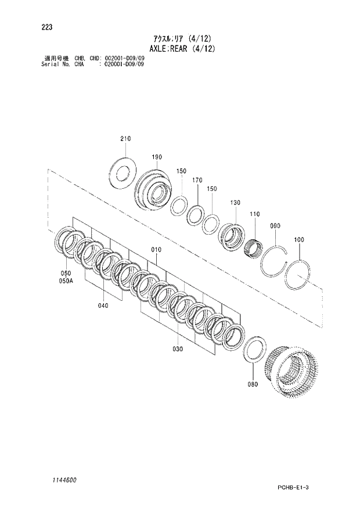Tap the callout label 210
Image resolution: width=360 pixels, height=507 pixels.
[x=126, y=139]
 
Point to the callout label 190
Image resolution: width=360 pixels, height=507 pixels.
[x=157, y=157]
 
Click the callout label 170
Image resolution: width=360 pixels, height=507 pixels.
[x=197, y=181]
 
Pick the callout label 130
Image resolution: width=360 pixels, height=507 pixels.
[x=235, y=203]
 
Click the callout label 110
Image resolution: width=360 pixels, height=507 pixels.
[x=254, y=214]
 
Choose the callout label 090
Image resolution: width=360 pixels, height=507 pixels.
[x=275, y=225]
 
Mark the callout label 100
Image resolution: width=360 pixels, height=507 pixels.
[x=299, y=239]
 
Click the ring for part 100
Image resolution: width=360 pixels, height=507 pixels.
[x=301, y=274]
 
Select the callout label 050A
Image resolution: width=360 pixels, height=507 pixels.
[x=67, y=281]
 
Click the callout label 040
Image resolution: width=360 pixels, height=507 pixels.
[x=103, y=305]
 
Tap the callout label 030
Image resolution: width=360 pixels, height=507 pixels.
[x=177, y=349]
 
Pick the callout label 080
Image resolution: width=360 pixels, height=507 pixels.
[x=252, y=384]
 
